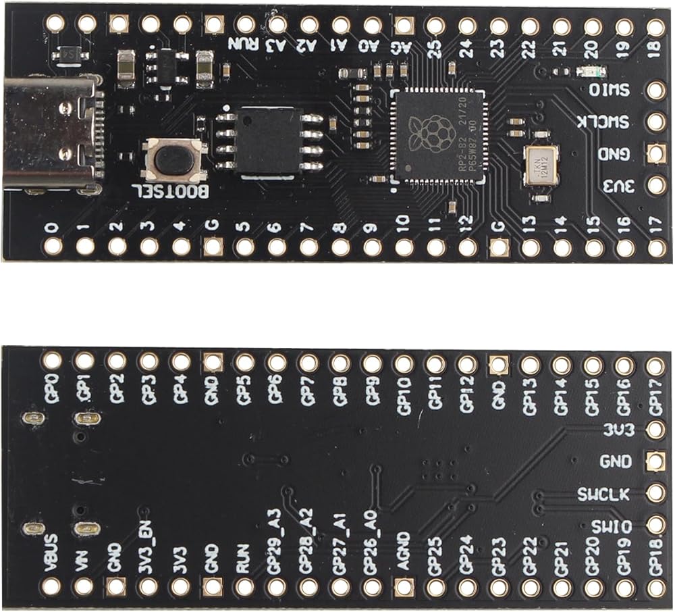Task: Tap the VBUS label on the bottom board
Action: tap(50, 551)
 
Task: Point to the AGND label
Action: tap(403, 551)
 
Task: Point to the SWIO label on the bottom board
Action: tap(612, 526)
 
